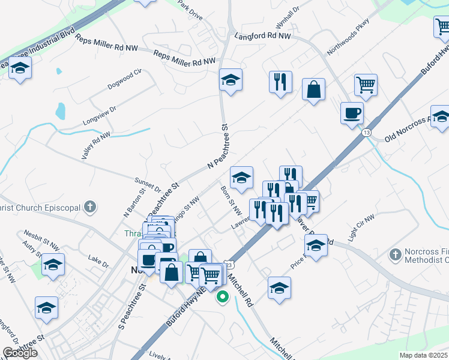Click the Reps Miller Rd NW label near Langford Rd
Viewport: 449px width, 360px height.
coord(184,58)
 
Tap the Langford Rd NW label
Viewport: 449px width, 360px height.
coord(263,37)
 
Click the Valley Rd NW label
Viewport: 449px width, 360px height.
coord(96,146)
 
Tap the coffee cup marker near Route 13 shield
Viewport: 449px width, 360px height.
coord(352,112)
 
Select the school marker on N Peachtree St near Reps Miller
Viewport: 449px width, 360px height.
coord(230,80)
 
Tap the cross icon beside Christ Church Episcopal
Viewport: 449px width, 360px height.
coord(89,208)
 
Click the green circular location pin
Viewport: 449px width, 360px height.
coord(223,296)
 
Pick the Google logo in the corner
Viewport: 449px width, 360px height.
coord(20,353)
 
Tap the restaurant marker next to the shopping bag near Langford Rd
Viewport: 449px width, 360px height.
coord(280,82)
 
